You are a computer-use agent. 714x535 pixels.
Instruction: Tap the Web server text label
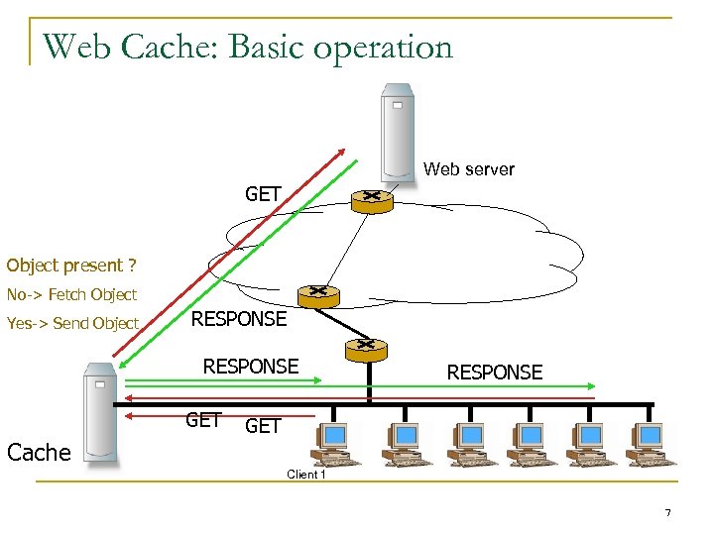tap(468, 169)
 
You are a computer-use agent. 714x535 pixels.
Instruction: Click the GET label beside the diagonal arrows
tap(263, 194)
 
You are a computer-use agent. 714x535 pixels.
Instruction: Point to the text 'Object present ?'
tap(70, 266)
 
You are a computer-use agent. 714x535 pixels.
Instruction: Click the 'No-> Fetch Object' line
tap(71, 294)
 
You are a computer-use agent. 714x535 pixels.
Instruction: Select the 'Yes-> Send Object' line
tap(72, 323)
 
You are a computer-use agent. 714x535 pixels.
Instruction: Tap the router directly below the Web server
tap(373, 199)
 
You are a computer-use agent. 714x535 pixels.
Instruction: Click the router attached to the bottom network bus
tap(366, 349)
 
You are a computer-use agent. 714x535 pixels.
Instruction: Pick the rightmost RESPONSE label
tap(494, 373)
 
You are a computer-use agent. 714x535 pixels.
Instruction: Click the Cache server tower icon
tap(100, 412)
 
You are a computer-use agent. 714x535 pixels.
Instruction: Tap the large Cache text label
tap(39, 453)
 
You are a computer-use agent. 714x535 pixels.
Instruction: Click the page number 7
tap(667, 512)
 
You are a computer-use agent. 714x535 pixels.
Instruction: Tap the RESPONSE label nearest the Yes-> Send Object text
tap(238, 319)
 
